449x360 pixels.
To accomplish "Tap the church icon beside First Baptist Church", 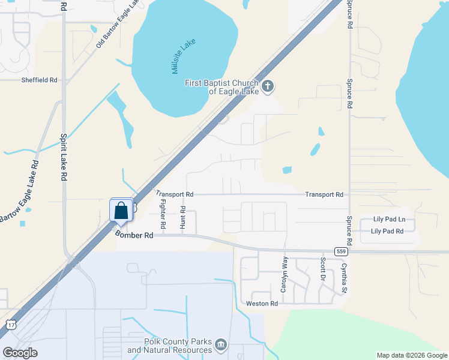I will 268,86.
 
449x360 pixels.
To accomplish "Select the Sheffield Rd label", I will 39,80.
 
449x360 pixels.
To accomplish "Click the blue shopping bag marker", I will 121,211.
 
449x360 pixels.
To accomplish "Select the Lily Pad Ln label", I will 389,220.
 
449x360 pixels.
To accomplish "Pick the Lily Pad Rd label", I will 387,231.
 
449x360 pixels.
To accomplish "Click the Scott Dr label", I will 323,271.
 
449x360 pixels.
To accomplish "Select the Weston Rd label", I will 262,304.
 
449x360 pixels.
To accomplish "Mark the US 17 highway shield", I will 11,325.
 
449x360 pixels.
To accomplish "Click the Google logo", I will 20,353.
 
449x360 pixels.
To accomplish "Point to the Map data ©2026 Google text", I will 411,355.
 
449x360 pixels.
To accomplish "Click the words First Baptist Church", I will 221,83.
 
